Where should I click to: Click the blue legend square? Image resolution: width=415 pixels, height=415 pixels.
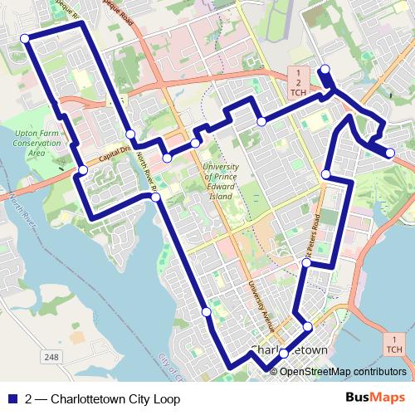coord(12,398)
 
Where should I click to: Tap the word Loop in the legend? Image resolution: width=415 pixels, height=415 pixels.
coord(166,398)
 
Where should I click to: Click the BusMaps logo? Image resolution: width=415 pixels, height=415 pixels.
coord(376,398)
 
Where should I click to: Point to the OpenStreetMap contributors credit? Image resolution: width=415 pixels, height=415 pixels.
coord(342,370)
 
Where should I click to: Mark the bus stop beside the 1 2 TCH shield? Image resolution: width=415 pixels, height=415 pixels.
coord(325,69)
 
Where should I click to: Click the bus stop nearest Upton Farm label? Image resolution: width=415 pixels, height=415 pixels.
coord(82,170)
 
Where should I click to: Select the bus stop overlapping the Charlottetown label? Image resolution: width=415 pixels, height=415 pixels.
coord(284,354)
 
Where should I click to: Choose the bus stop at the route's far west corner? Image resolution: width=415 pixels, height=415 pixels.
coord(25,38)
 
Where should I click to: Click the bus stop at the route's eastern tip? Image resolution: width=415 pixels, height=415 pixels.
coord(390,152)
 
